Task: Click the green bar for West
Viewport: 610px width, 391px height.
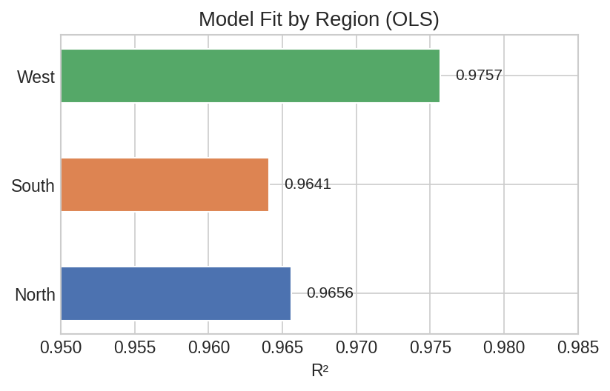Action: (x=250, y=76)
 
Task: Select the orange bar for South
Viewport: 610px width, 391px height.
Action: (x=165, y=184)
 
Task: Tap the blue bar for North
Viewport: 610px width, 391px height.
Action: (x=176, y=293)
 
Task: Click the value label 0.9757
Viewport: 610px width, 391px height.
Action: (x=479, y=75)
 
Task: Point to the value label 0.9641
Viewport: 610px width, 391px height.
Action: (x=308, y=184)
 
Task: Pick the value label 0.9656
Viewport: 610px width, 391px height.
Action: (x=330, y=293)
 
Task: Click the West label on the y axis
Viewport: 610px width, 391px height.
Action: (x=36, y=77)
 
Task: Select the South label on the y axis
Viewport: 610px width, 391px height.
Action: (x=33, y=186)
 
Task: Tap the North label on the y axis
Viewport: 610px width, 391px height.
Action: (x=35, y=295)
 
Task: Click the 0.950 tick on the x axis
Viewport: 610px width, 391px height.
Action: (x=61, y=348)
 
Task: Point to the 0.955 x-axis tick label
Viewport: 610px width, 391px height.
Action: (x=135, y=348)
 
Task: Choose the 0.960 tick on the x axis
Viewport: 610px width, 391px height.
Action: (x=208, y=348)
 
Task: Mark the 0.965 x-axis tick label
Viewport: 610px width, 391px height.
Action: (x=282, y=348)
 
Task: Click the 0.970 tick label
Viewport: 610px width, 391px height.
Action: (x=356, y=348)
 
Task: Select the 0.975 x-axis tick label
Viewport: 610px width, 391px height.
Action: (x=430, y=348)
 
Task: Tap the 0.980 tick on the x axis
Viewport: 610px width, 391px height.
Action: (x=504, y=348)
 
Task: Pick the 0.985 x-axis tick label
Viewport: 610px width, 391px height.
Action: (x=577, y=348)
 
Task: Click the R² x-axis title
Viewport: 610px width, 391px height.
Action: (x=319, y=370)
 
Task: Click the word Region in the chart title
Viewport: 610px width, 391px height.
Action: (x=346, y=19)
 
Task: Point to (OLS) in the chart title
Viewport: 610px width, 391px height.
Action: (x=411, y=19)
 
